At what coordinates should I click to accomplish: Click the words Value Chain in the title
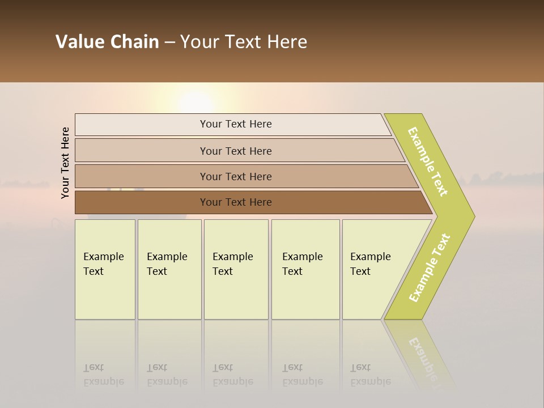coord(107,42)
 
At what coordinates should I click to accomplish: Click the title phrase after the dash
coord(244,42)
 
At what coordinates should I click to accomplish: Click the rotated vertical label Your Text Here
coord(65,163)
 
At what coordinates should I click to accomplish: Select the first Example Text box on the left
coord(105,269)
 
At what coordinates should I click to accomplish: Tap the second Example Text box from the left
coord(169,269)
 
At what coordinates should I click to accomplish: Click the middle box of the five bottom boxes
coord(236,269)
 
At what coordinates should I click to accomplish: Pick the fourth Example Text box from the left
coord(305,269)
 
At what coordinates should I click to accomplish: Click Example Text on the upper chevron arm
coord(428,161)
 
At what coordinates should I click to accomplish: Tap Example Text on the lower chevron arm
coord(430,268)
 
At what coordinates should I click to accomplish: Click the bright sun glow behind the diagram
coord(195,102)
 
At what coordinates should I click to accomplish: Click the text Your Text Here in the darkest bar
coord(236,202)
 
